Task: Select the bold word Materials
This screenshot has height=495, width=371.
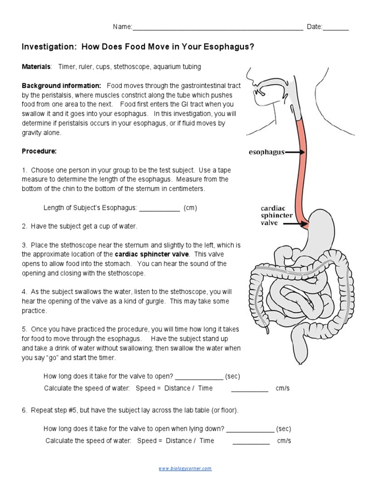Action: (36, 67)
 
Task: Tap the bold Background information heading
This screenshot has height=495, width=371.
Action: (61, 86)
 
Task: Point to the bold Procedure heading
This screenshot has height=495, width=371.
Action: (39, 151)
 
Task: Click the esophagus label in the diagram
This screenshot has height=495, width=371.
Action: (266, 152)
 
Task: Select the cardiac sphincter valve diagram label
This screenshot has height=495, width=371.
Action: (276, 215)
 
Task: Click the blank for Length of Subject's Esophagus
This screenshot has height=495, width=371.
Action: (159, 208)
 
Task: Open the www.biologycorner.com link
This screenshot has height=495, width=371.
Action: (185, 468)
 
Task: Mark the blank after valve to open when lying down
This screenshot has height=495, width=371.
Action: (250, 429)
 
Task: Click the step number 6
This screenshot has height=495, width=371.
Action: (25, 410)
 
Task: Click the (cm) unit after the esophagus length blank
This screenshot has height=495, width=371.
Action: (190, 208)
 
